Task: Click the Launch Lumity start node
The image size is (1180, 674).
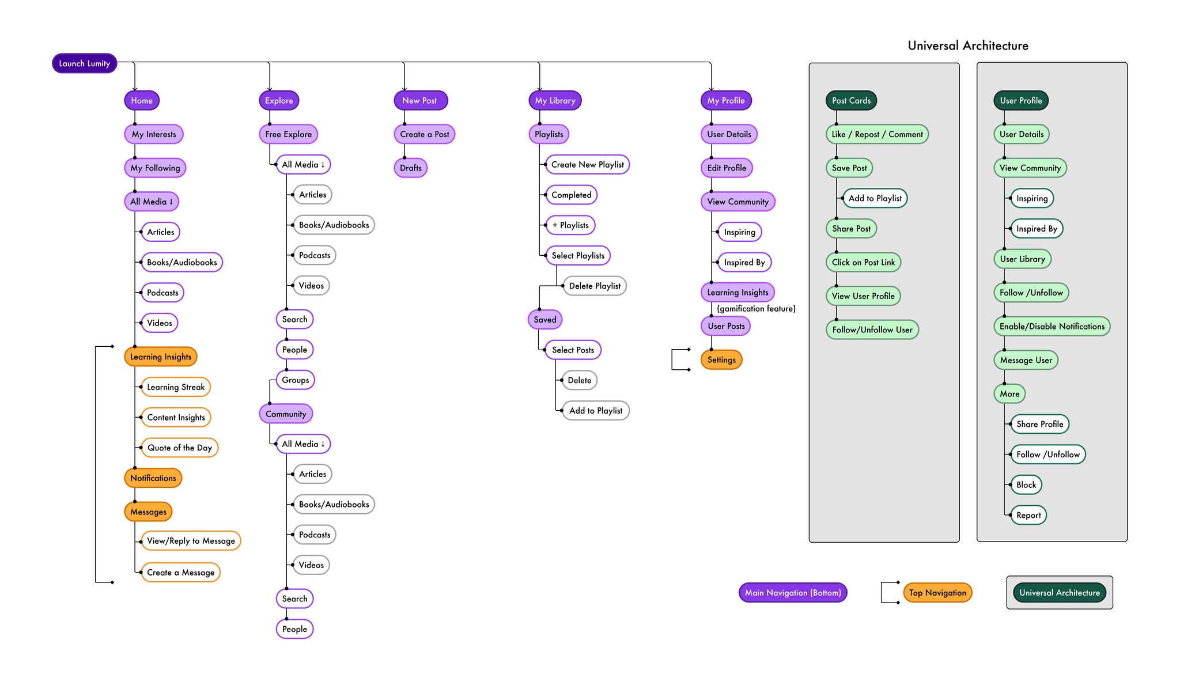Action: click(x=84, y=63)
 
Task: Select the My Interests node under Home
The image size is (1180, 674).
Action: click(x=154, y=134)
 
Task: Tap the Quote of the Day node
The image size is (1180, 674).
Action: click(x=180, y=448)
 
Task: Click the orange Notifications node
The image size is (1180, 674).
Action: click(x=153, y=478)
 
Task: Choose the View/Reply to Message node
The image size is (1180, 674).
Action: click(x=191, y=541)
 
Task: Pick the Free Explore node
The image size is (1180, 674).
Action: click(x=288, y=134)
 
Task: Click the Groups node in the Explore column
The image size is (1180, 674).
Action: click(x=296, y=380)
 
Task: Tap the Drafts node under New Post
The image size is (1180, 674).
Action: click(x=411, y=168)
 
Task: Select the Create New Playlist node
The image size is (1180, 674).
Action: click(x=588, y=165)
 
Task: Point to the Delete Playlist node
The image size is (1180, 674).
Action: click(x=595, y=286)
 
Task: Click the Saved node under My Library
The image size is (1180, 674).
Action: click(x=545, y=320)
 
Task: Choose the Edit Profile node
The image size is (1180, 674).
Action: click(x=727, y=168)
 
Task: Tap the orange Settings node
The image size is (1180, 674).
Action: click(x=721, y=360)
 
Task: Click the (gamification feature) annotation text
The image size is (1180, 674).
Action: click(x=756, y=309)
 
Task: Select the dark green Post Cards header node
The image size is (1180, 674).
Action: click(x=851, y=101)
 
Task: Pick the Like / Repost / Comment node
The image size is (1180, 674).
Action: click(x=877, y=134)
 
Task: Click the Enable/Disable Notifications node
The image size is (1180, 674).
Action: click(x=1052, y=327)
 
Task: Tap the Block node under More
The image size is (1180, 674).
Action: click(x=1026, y=485)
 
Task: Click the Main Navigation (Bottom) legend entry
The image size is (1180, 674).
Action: click(x=793, y=593)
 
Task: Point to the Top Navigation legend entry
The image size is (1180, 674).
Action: click(x=937, y=593)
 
